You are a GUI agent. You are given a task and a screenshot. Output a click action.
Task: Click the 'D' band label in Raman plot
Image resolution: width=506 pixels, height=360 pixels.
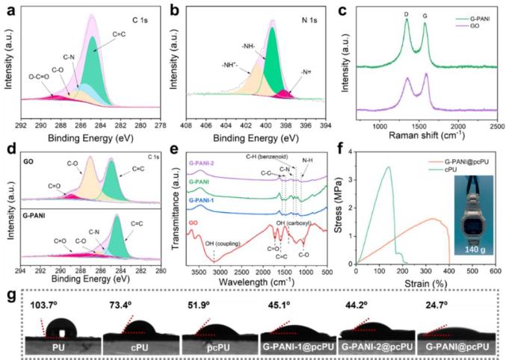click(407, 13)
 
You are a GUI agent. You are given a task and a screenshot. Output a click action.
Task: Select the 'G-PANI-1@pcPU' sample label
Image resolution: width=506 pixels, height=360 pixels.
click(294, 347)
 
